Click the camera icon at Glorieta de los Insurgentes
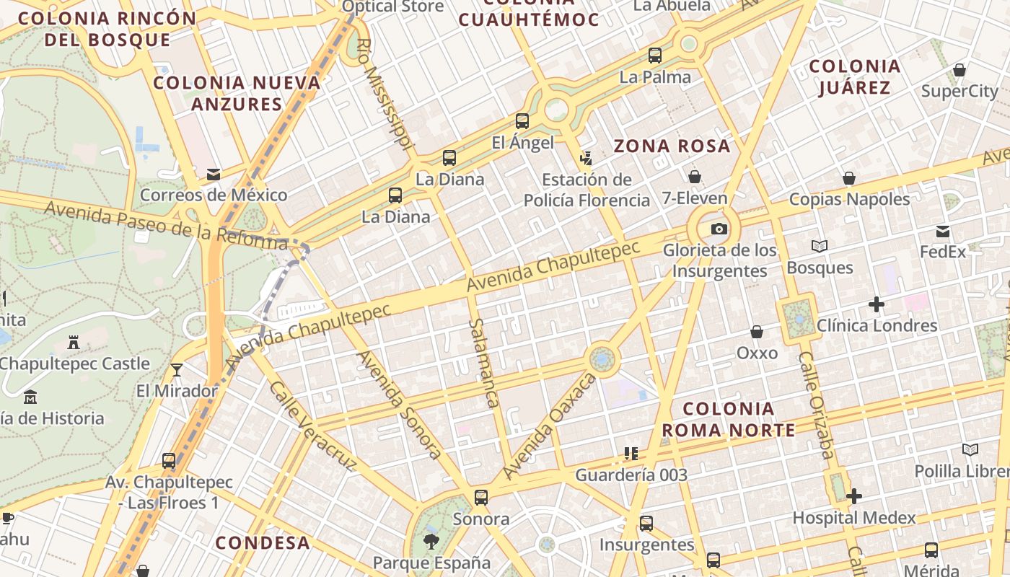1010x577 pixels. tap(719, 229)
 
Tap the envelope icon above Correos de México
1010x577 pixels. tap(214, 175)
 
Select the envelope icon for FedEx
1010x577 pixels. tap(943, 232)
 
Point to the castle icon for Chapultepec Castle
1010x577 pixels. tap(73, 342)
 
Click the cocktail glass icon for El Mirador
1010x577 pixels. tap(177, 370)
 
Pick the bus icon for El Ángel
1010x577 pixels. tap(522, 121)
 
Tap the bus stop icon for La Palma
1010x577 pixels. tap(655, 55)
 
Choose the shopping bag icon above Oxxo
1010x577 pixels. tap(757, 332)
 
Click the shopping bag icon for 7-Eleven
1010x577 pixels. tap(695, 177)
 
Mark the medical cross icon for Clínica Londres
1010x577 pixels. tap(877, 304)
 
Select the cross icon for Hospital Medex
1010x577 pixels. tap(854, 496)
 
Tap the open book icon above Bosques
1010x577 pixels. tap(820, 247)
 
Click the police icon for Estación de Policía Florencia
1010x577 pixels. tap(587, 158)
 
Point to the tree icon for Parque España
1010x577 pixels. tap(431, 541)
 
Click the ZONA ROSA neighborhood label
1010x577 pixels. tap(672, 146)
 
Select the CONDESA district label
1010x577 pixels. tap(263, 542)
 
